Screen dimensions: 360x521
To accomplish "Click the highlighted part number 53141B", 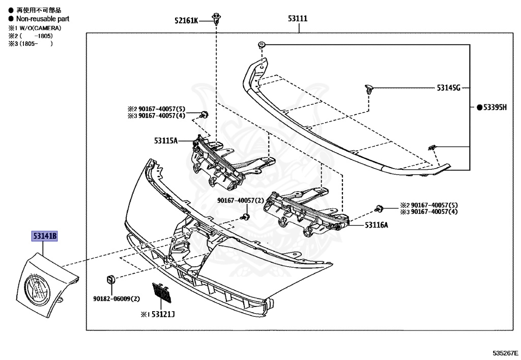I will coord(45,236).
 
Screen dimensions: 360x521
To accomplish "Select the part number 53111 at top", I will coord(298,19).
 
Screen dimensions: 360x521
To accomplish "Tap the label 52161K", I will coord(186,20).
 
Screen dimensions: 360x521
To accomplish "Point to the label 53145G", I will coord(448,88).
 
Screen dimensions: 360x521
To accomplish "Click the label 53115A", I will coord(165,141).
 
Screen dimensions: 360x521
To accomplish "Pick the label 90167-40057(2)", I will coord(241,200).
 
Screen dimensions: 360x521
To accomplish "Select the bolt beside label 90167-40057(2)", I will coord(245,217).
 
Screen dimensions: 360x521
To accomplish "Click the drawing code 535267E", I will coord(505,352).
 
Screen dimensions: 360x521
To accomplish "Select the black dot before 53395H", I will coord(479,107).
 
